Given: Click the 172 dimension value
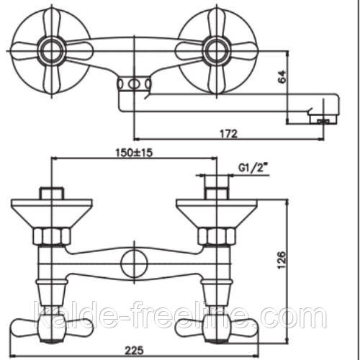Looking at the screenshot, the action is (x=228, y=134).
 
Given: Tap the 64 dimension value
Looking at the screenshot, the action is (x=282, y=76).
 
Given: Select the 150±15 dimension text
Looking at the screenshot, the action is (x=134, y=153).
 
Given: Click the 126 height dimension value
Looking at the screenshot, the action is (x=282, y=260).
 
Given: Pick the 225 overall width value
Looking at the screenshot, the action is (x=134, y=351).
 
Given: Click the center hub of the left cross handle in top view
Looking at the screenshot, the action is (x=52, y=51).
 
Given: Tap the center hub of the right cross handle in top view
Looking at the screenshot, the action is (x=216, y=51).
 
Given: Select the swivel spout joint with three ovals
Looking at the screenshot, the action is (x=134, y=84).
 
